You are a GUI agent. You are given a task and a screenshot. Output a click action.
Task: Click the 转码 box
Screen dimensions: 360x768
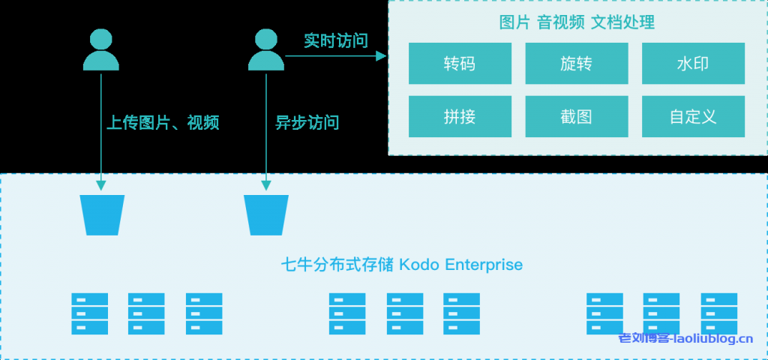pos(460,64)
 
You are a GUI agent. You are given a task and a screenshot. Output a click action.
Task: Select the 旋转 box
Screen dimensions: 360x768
pos(576,64)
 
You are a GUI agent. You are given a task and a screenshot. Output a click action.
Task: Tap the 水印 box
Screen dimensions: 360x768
pos(693,64)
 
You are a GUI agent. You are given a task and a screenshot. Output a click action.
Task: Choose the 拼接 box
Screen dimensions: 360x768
pos(460,117)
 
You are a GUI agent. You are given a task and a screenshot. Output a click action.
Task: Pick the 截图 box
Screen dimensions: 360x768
pos(576,117)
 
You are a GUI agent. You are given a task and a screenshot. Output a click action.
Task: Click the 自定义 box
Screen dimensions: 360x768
pos(693,117)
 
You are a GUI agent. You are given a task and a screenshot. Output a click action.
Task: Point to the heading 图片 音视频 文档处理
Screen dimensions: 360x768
pos(577,22)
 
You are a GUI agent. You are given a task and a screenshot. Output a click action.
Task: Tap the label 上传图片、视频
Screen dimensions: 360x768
pos(163,122)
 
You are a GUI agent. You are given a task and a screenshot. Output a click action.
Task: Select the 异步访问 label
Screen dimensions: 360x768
pos(307,122)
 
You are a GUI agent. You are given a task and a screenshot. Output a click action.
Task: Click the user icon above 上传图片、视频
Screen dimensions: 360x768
pos(101,50)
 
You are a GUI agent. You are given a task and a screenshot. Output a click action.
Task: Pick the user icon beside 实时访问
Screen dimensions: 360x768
pos(265,50)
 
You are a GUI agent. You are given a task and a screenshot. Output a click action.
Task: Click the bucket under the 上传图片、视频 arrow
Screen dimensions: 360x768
pos(102,214)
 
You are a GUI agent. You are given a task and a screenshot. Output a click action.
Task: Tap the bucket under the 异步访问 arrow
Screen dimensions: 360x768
pos(266,214)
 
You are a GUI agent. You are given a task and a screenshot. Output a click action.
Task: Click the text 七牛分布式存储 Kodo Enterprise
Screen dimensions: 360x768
pos(401,265)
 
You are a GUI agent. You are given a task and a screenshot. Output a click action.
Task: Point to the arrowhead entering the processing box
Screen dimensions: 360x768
pos(382,56)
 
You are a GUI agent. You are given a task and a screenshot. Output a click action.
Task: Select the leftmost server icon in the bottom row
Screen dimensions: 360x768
pos(89,313)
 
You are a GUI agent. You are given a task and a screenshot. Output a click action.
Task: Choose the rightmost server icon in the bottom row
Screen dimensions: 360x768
pos(719,313)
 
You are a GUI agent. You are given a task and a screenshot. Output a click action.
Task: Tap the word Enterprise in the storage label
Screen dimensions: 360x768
pos(484,265)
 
